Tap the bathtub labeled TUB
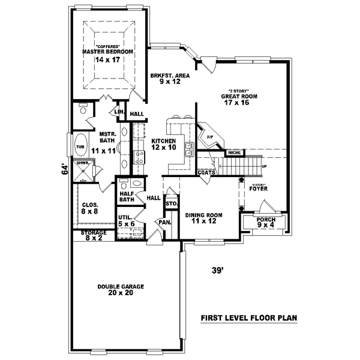pyautogui.click(x=79, y=146)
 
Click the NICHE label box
pyautogui.click(x=233, y=153)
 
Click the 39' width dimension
pyautogui.click(x=218, y=270)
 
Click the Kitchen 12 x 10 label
pyautogui.click(x=163, y=144)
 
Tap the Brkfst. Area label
pyautogui.click(x=170, y=78)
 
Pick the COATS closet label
pyautogui.click(x=206, y=172)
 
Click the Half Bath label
pyautogui.click(x=126, y=196)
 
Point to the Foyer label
pyautogui.click(x=258, y=188)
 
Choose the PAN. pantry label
pyautogui.click(x=162, y=222)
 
